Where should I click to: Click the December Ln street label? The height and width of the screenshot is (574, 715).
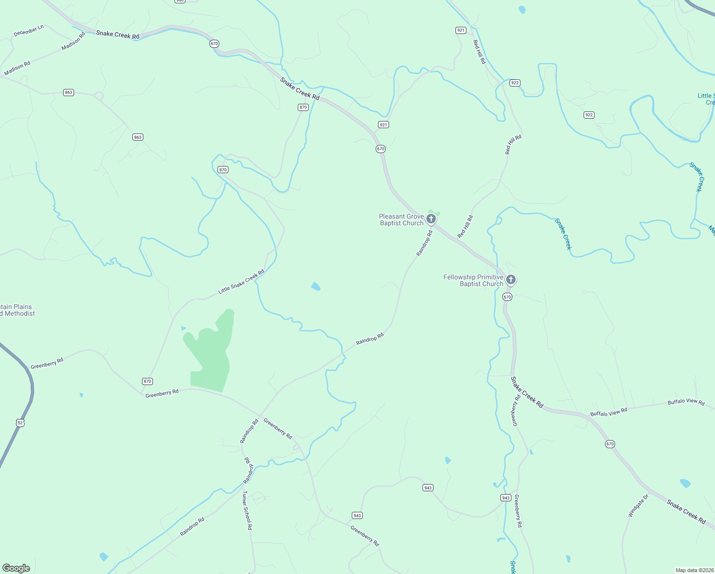click(x=29, y=31)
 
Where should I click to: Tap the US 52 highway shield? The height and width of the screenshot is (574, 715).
click(x=20, y=423)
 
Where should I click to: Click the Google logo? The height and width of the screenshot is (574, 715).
click(x=16, y=568)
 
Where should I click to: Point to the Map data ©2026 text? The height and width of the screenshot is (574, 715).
click(x=694, y=570)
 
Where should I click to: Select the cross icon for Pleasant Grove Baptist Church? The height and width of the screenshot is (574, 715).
click(x=431, y=219)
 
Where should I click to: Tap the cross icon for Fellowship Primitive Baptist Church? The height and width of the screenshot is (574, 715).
click(x=511, y=279)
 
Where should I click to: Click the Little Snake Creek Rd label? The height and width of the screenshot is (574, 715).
click(x=241, y=282)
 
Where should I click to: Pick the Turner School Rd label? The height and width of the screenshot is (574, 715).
click(x=247, y=510)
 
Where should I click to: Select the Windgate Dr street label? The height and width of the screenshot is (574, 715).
click(x=638, y=506)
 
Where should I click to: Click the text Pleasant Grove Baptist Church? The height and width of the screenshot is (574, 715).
click(x=401, y=220)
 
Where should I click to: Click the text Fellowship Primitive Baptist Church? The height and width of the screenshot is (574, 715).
click(x=473, y=280)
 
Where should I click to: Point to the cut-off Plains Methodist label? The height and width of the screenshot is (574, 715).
click(x=17, y=310)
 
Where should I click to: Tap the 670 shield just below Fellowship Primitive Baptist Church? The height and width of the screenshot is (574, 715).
click(x=507, y=297)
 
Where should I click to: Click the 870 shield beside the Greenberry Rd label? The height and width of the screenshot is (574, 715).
click(x=147, y=381)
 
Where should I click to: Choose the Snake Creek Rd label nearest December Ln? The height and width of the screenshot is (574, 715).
click(x=118, y=35)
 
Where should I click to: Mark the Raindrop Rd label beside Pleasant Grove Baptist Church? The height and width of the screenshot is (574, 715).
click(x=424, y=243)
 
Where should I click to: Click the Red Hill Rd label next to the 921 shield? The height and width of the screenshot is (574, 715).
click(x=479, y=52)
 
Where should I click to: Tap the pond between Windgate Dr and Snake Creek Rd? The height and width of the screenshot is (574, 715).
click(x=685, y=483)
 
